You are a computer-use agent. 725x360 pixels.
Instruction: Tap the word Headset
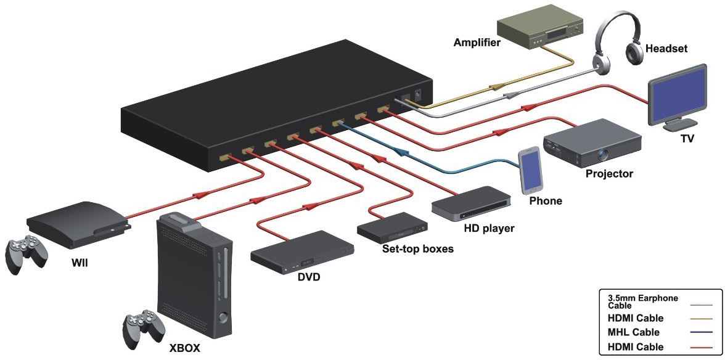(x=666, y=49)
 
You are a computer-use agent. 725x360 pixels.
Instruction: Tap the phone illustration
(x=531, y=170)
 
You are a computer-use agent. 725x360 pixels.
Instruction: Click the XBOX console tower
(x=194, y=271)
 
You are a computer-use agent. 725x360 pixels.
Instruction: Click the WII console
(x=78, y=222)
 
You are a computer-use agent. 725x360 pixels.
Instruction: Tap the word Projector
(x=609, y=174)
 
